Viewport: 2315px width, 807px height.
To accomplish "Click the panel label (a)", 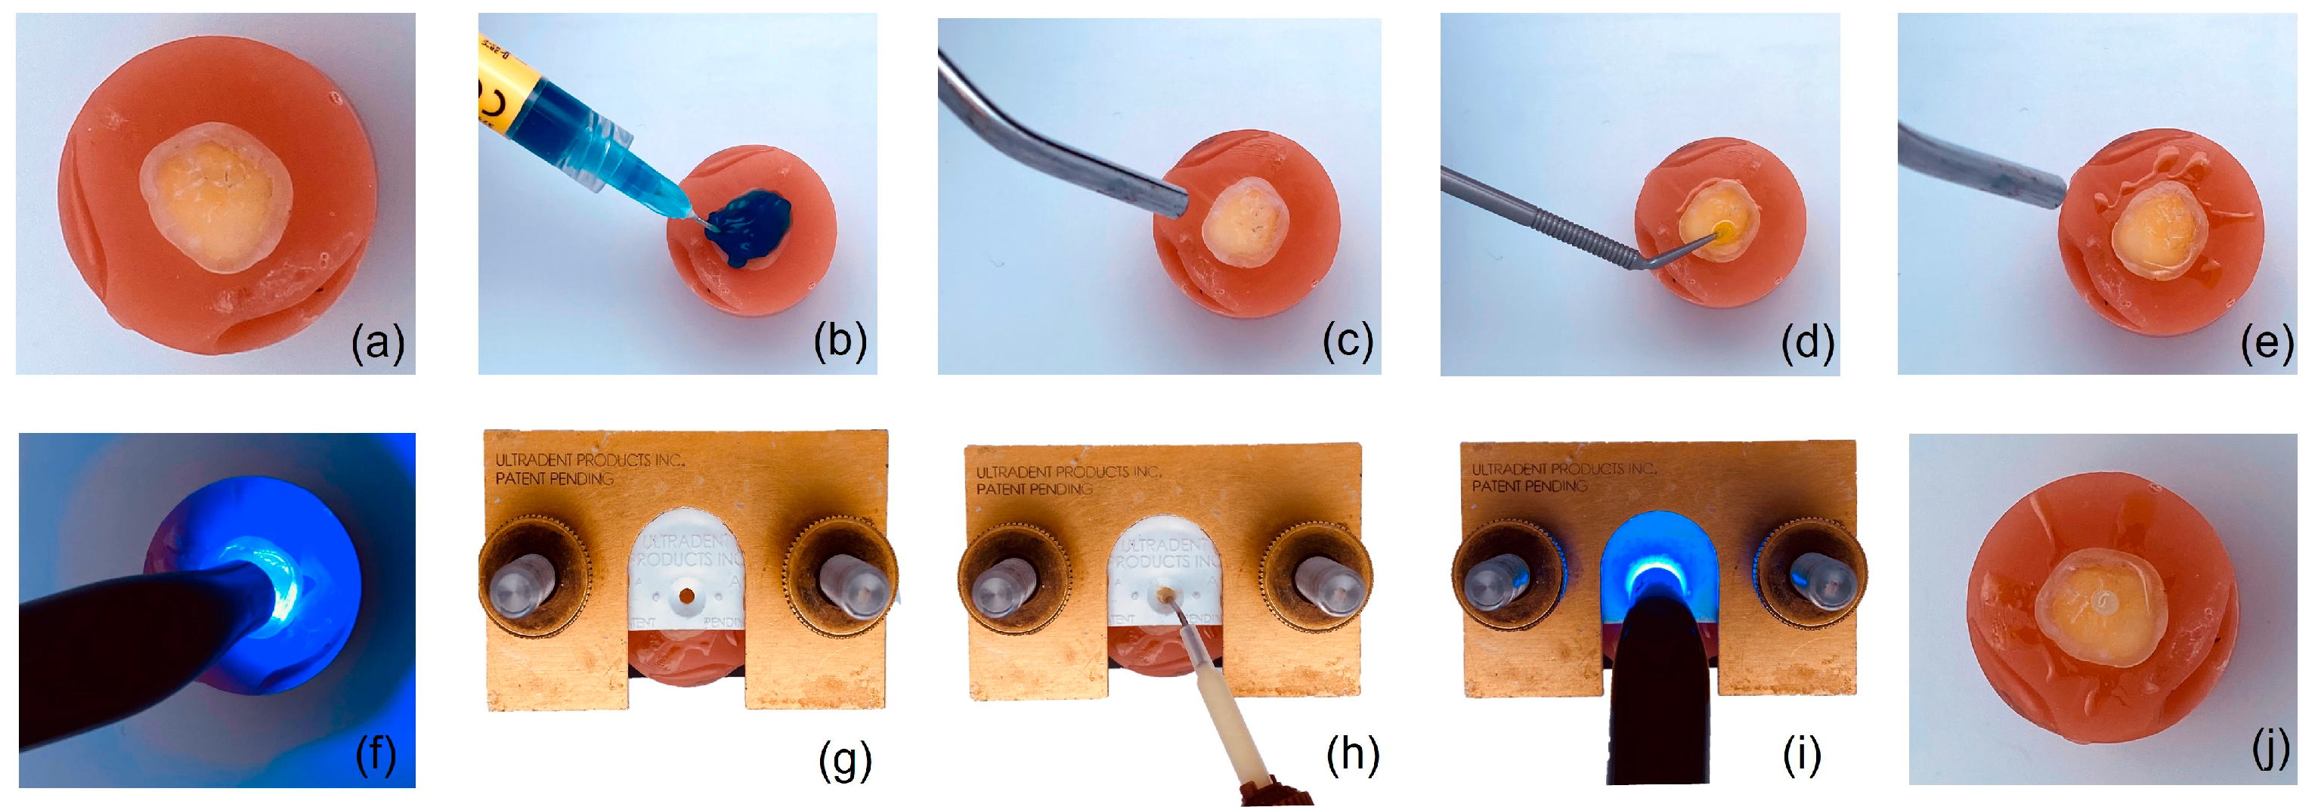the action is coord(377,342).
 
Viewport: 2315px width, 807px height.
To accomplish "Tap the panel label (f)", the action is coord(376,754).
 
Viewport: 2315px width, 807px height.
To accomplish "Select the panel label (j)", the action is coord(2270,750).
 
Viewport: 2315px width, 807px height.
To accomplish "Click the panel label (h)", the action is coord(1353,755).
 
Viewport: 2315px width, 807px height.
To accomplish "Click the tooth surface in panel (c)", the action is coord(1246,223).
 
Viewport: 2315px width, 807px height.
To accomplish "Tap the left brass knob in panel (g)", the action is coord(533,576).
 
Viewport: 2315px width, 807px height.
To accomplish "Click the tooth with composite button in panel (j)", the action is coord(2101,608).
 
